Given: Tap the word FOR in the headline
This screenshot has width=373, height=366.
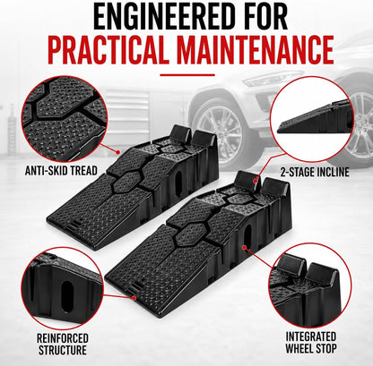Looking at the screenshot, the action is coord(260,15).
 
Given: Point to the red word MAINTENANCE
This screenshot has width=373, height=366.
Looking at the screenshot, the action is coord(255,49).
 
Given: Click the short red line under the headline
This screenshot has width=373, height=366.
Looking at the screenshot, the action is coord(187,74).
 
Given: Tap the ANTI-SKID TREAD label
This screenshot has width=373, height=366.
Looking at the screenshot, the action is coord(61,171).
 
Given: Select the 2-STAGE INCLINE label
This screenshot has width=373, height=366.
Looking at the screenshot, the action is coord(315,172).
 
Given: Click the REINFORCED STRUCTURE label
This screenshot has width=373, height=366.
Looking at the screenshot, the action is coord(63,344).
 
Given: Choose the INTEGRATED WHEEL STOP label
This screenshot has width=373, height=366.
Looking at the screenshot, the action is coord(311,342).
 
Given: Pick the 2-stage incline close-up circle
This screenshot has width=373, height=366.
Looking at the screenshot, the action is coord(312,119).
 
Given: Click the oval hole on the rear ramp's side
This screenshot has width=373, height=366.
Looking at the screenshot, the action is coord(179,183).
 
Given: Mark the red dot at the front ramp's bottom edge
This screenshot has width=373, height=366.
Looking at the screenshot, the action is coord(134,298).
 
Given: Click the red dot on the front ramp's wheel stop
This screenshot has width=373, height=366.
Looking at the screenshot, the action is coord(256,180).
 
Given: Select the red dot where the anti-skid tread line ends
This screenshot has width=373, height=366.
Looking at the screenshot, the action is coord(118,152).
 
